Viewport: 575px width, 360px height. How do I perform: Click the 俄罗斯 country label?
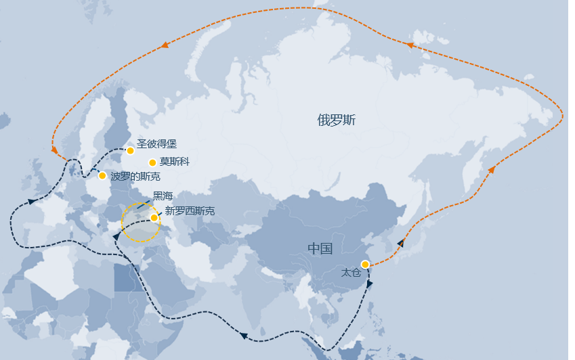336,120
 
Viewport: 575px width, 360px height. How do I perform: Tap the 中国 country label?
320,248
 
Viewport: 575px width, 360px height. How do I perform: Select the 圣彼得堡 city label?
156,143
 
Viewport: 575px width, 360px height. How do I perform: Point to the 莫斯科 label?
174,162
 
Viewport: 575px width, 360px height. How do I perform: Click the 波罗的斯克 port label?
135,176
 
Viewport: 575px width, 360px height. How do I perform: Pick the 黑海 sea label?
163,196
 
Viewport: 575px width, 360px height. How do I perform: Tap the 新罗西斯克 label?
190,211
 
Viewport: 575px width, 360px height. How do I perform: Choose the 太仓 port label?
351,272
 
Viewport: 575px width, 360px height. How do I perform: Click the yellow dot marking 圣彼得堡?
130,150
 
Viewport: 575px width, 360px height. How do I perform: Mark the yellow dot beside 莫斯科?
152,162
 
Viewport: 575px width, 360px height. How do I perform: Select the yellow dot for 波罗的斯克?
102,176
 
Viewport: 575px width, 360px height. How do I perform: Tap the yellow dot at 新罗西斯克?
154,217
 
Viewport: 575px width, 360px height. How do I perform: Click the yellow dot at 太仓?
365,264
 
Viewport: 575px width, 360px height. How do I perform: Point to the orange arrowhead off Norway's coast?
54,150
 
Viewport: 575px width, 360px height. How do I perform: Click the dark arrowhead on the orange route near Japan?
401,242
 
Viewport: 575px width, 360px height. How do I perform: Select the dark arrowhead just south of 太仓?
369,284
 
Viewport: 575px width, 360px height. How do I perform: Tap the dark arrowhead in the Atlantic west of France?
31,201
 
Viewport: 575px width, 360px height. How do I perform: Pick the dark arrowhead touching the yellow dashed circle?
116,236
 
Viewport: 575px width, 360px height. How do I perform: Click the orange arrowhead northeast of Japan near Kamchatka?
492,169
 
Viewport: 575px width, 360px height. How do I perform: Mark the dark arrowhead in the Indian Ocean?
243,335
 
